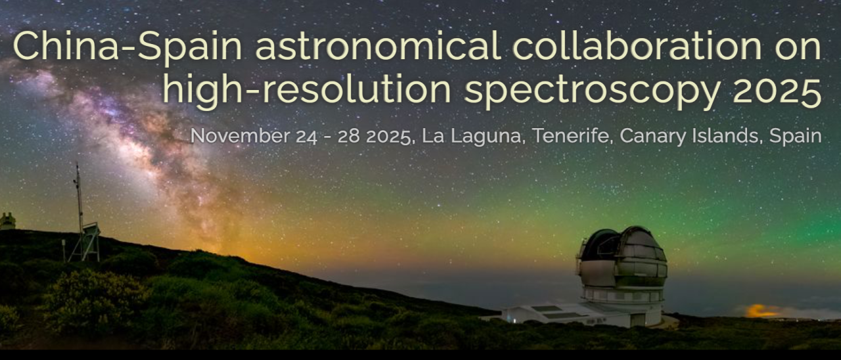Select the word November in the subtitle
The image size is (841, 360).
tap(239, 136)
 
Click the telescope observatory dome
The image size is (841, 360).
tap(623, 263)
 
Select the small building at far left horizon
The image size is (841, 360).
tap(7, 221)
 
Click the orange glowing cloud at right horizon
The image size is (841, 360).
tap(762, 310)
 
